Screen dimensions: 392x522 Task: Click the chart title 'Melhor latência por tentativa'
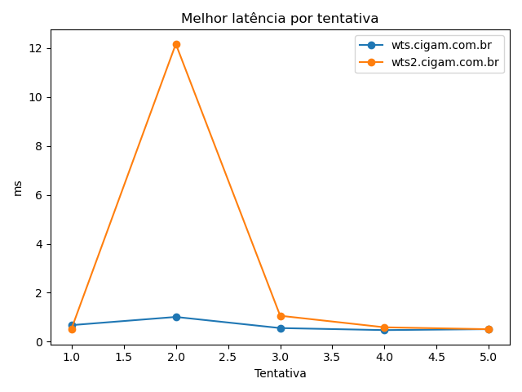point(280,18)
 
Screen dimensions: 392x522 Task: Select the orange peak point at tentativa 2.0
point(176,45)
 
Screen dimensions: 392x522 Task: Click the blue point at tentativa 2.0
point(176,317)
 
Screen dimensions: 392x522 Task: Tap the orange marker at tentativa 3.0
point(281,316)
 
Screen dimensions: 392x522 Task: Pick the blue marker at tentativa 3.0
point(281,328)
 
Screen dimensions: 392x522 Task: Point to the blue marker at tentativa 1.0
point(72,325)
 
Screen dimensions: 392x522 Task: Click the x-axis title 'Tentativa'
point(280,373)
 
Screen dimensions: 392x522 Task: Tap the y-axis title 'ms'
point(18,188)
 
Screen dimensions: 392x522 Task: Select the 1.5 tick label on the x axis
point(124,357)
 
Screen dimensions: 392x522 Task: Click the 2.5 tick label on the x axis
point(228,357)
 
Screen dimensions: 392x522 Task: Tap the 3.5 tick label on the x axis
point(332,357)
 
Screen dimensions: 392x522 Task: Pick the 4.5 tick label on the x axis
point(436,357)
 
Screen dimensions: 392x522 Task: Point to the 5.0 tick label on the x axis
point(489,357)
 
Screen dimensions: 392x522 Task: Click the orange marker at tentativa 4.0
point(384,327)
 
